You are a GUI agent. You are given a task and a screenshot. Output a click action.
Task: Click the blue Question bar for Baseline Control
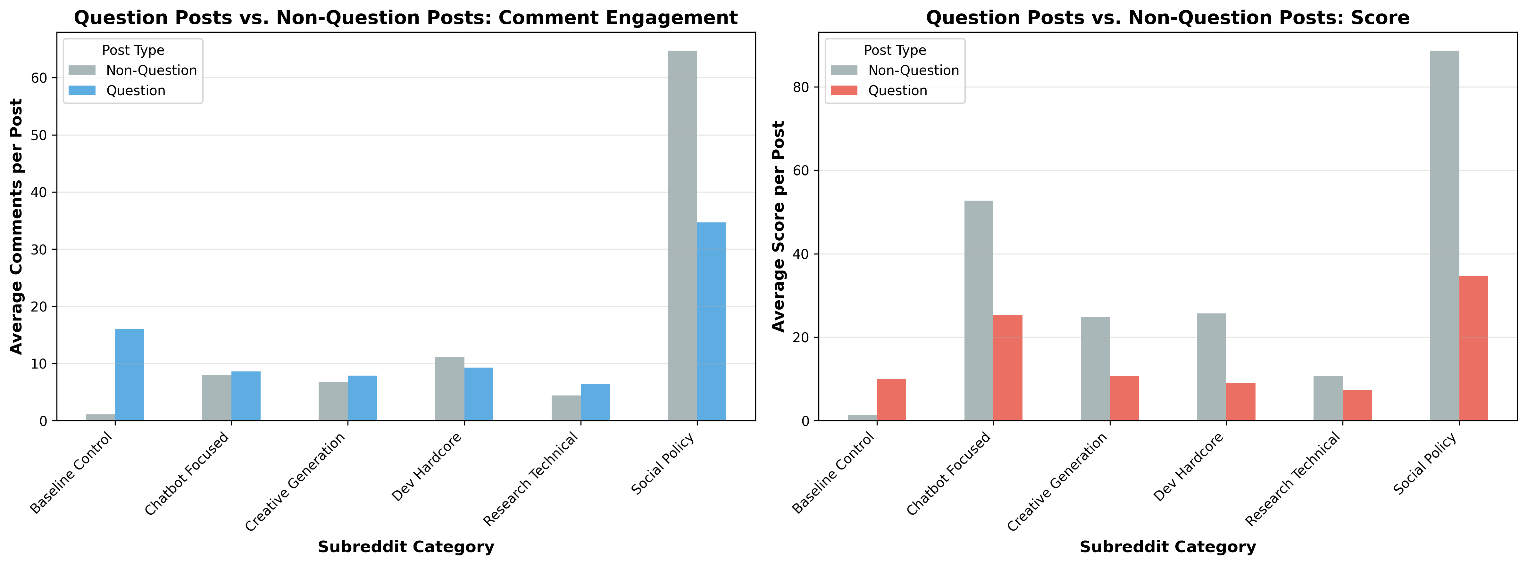(x=129, y=375)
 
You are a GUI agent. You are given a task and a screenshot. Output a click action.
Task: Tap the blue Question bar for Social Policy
(x=711, y=321)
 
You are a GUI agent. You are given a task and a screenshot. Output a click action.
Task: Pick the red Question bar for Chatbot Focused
(x=1008, y=368)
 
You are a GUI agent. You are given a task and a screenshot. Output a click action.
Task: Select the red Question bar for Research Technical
(x=1357, y=405)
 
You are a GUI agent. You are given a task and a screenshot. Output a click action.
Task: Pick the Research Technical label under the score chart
(x=1292, y=479)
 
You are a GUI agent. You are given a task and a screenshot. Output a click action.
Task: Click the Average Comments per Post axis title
(x=17, y=227)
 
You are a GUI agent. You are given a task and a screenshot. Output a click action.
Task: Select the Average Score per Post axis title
(x=778, y=227)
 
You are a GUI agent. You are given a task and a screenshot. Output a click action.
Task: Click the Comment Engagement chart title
(x=405, y=18)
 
